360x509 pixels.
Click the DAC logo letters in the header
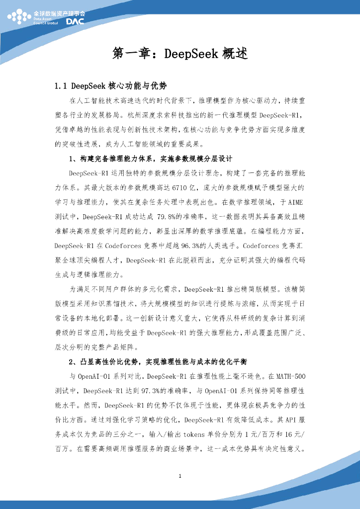point(75,21)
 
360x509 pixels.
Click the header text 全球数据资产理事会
point(59,13)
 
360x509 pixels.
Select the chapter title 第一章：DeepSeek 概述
point(180,54)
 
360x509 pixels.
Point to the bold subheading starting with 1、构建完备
point(151,160)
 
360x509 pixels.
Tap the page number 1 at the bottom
point(180,477)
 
